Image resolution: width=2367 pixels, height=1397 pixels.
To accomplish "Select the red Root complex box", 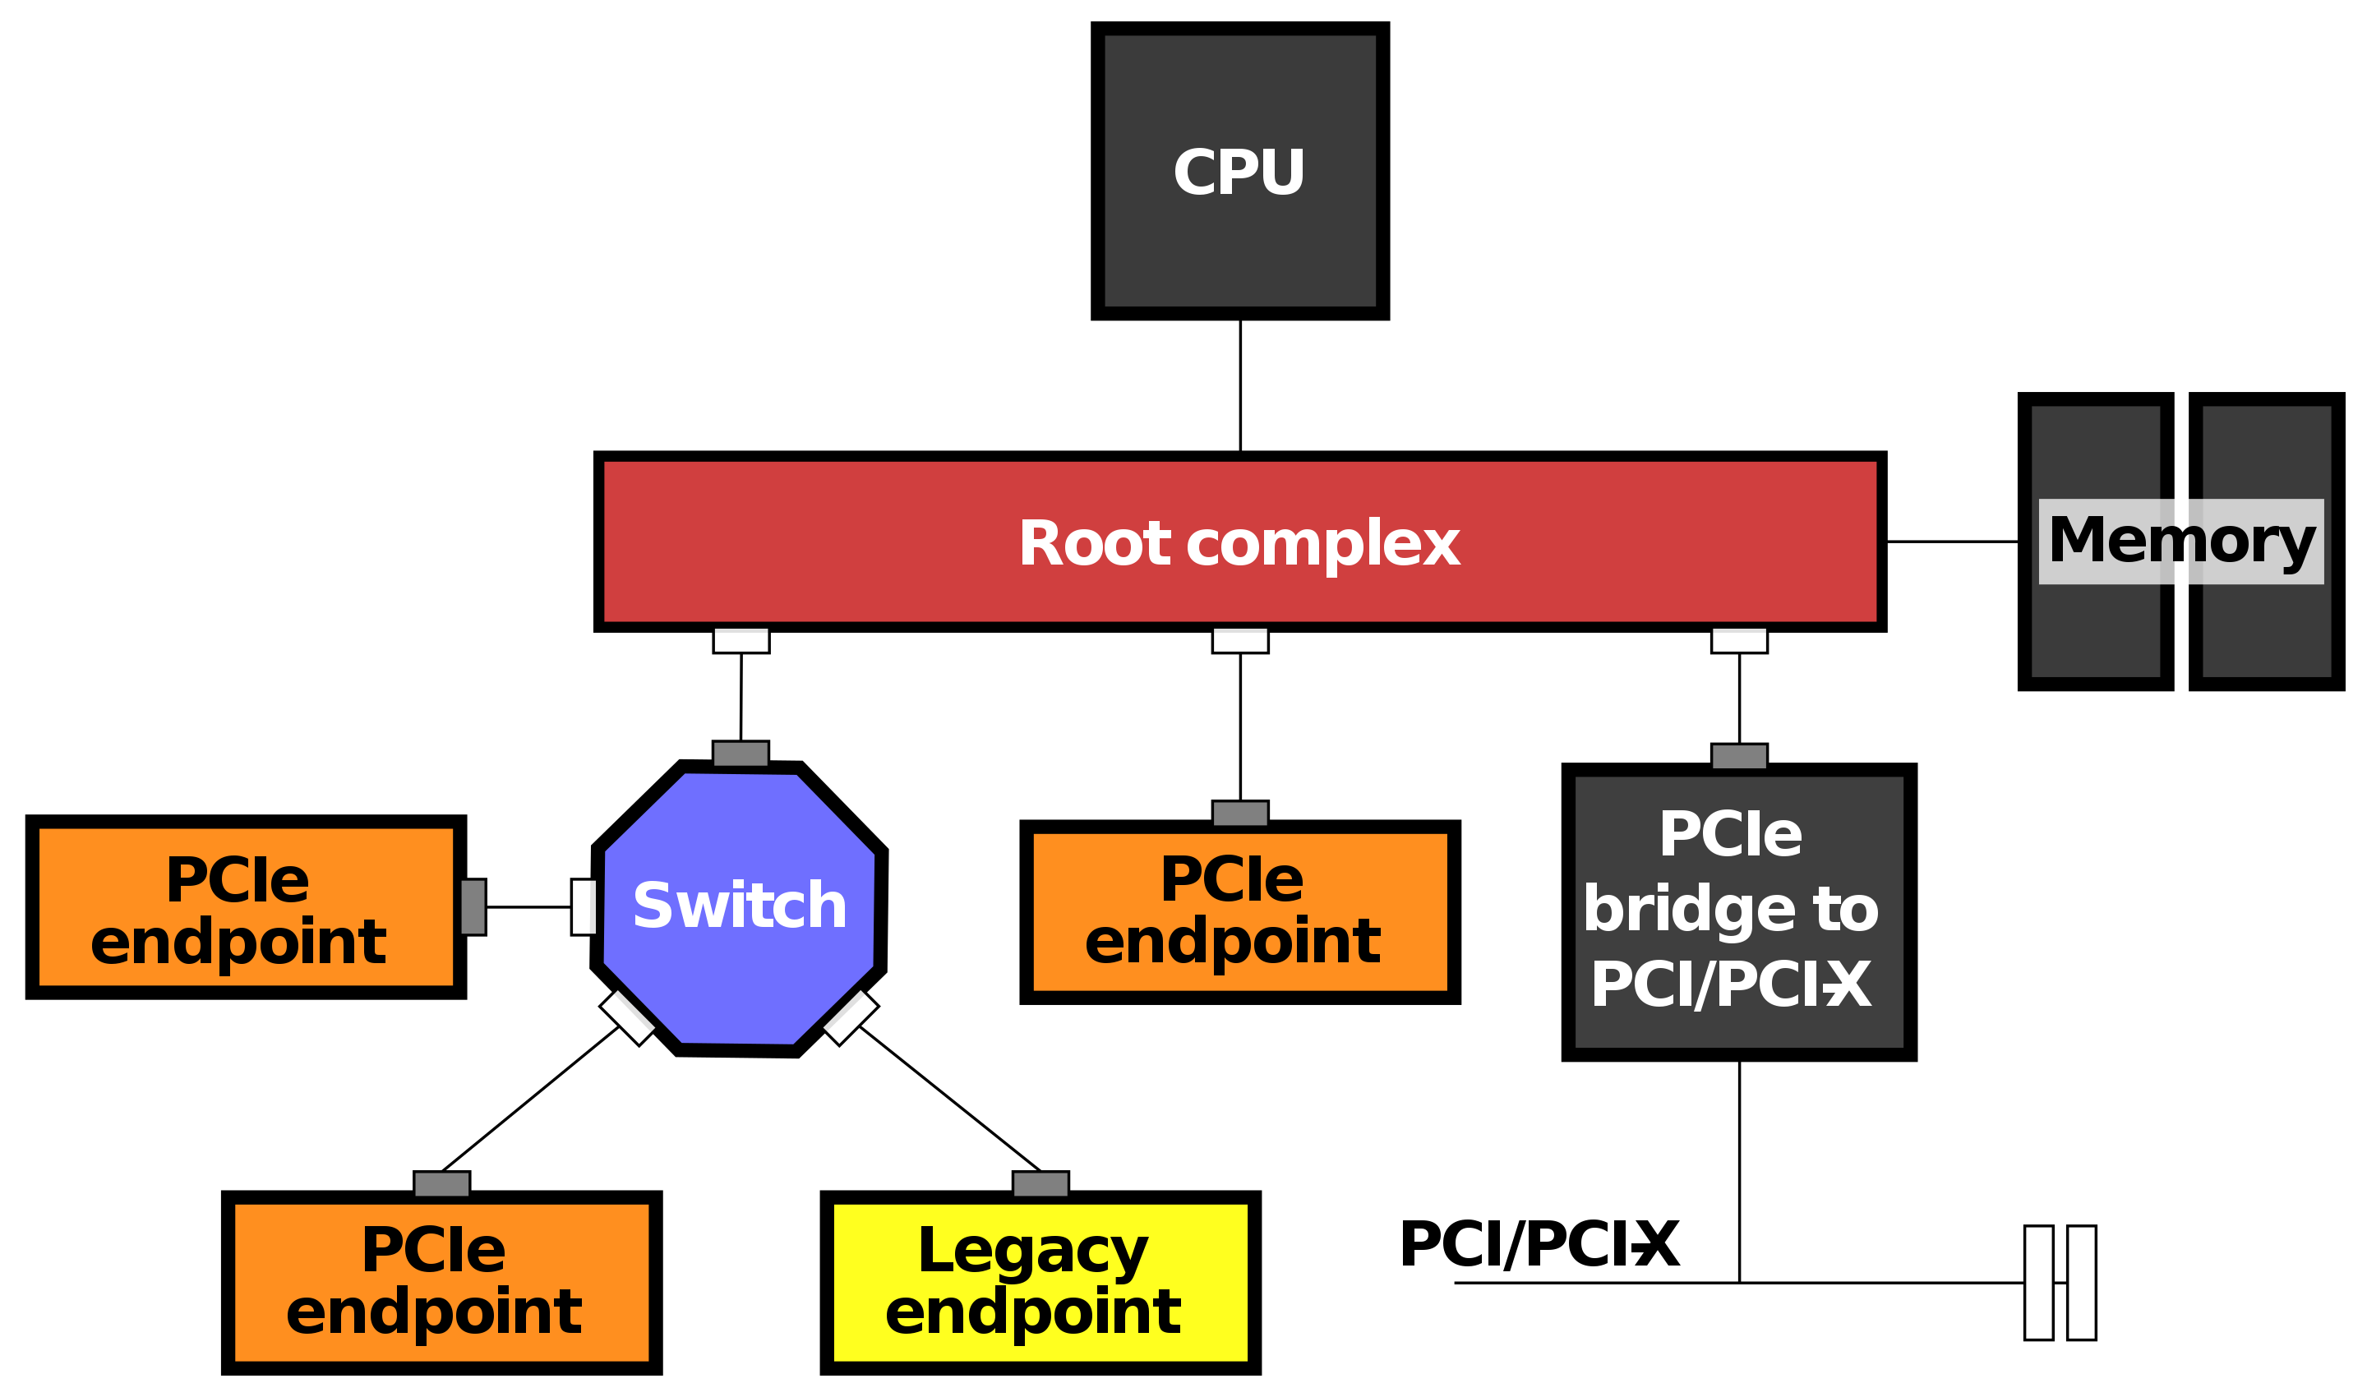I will (1240, 542).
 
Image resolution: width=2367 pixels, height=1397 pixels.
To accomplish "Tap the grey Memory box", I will (2180, 542).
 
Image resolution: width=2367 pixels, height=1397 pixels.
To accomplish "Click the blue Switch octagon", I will (739, 907).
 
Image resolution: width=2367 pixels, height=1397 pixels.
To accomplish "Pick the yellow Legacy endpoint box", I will (1040, 1282).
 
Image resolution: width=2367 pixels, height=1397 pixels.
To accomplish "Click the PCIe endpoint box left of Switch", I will (246, 907).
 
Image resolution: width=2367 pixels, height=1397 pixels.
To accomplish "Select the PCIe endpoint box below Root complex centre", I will (1240, 912).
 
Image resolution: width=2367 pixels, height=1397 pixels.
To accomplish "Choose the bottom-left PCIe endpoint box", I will (441, 1282).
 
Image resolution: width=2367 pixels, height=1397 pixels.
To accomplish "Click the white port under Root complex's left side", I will (741, 640).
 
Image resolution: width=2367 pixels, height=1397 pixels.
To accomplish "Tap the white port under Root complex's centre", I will (1240, 640).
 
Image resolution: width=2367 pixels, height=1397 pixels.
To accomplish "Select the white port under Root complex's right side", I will (1739, 640).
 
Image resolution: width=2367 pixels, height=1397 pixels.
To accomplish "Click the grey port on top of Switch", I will (741, 754).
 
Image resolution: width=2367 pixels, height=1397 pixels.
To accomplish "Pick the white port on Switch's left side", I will (584, 907).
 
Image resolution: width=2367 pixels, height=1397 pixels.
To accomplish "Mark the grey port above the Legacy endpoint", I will (1040, 1184).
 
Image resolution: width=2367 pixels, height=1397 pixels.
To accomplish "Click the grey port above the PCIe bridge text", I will (1739, 757).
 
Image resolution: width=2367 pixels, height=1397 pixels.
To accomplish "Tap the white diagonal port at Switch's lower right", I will (850, 1017).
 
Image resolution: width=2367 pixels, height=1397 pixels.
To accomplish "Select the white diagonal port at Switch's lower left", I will (628, 1017).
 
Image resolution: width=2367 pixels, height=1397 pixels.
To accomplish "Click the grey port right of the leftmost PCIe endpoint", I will (473, 907).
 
